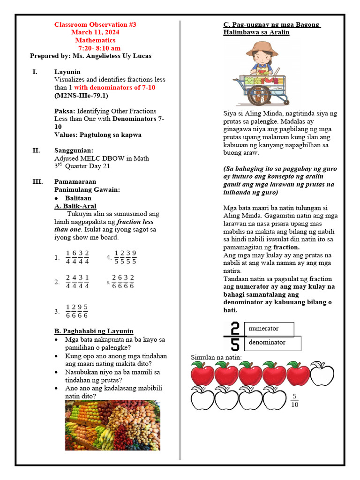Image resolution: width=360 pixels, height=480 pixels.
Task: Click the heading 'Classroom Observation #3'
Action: pyautogui.click(x=95, y=24)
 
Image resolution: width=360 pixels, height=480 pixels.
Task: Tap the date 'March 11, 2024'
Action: pyautogui.click(x=95, y=32)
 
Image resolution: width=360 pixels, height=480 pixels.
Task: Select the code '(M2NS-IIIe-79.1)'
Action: pyautogui.click(x=81, y=96)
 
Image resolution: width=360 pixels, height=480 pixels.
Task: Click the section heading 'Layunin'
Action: pyautogui.click(x=67, y=72)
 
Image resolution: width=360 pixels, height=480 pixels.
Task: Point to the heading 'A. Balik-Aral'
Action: pyautogui.click(x=75, y=206)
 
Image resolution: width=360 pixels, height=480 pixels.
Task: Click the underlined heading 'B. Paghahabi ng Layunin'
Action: pyautogui.click(x=94, y=331)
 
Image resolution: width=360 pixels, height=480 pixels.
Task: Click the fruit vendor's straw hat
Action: pyautogui.click(x=259, y=48)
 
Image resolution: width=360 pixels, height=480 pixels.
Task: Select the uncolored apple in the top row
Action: pyautogui.click(x=322, y=373)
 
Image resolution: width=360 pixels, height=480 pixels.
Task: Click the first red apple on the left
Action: pyautogui.click(x=202, y=374)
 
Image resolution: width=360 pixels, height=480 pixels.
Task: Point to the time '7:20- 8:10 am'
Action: pyautogui.click(x=99, y=48)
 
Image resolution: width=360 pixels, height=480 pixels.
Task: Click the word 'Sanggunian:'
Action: pyautogui.click(x=74, y=150)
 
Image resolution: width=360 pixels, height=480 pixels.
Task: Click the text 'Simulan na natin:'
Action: pyautogui.click(x=216, y=358)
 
